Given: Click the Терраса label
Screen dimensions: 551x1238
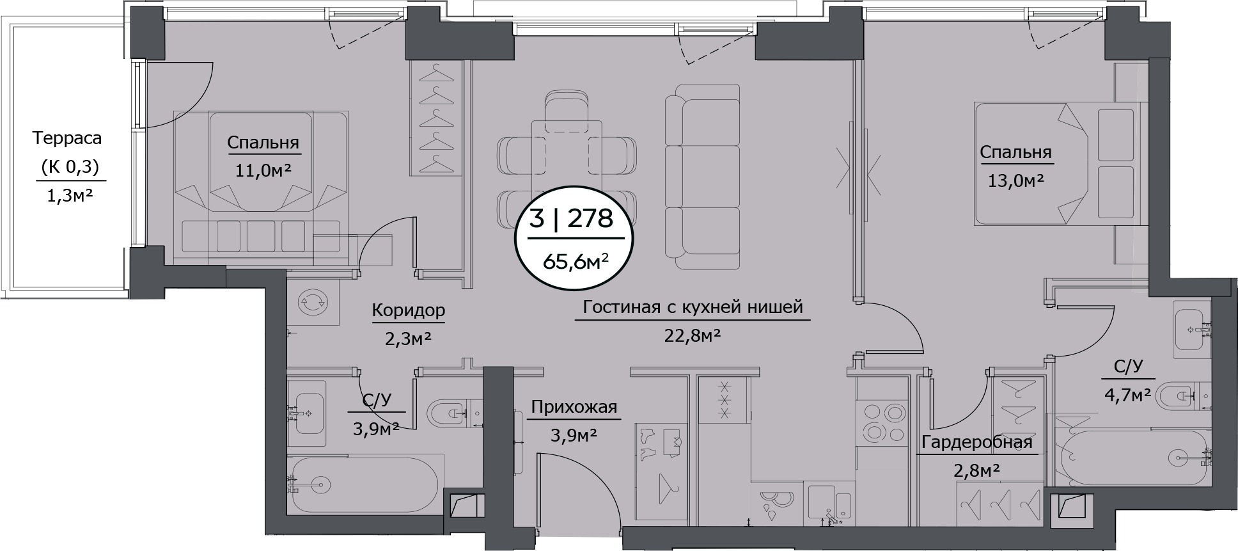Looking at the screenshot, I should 67,138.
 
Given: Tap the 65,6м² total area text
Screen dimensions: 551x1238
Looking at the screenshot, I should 575,261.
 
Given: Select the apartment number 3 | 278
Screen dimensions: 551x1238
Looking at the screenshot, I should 571,219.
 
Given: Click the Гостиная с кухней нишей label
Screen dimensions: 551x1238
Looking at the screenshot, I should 693,308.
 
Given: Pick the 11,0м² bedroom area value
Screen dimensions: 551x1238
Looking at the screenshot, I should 263,170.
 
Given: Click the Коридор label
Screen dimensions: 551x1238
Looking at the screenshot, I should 408,310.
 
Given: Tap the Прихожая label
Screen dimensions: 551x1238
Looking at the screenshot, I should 574,408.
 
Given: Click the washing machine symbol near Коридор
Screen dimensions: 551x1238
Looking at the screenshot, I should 313,303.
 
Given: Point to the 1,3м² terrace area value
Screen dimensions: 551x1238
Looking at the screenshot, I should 67,195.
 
